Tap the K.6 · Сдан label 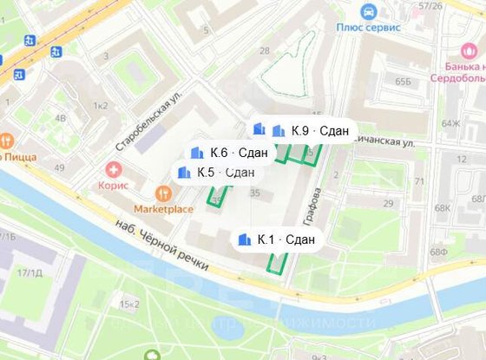click(x=231, y=153)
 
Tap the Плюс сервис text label click(x=367, y=27)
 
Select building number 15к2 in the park click(x=130, y=304)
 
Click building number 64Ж click(x=450, y=124)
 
